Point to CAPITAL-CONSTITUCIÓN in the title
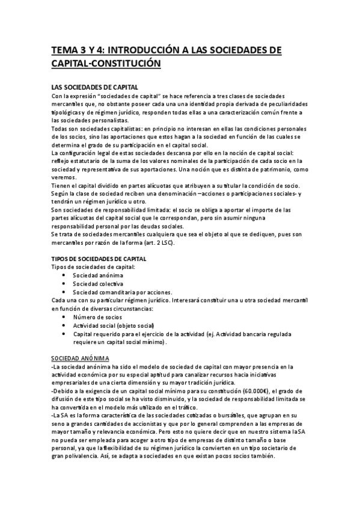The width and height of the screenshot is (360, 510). click(106, 63)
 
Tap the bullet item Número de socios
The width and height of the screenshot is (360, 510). click(97, 316)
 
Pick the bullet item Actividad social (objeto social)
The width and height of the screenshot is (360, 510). click(110, 325)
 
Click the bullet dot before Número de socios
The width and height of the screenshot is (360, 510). click(64, 316)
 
